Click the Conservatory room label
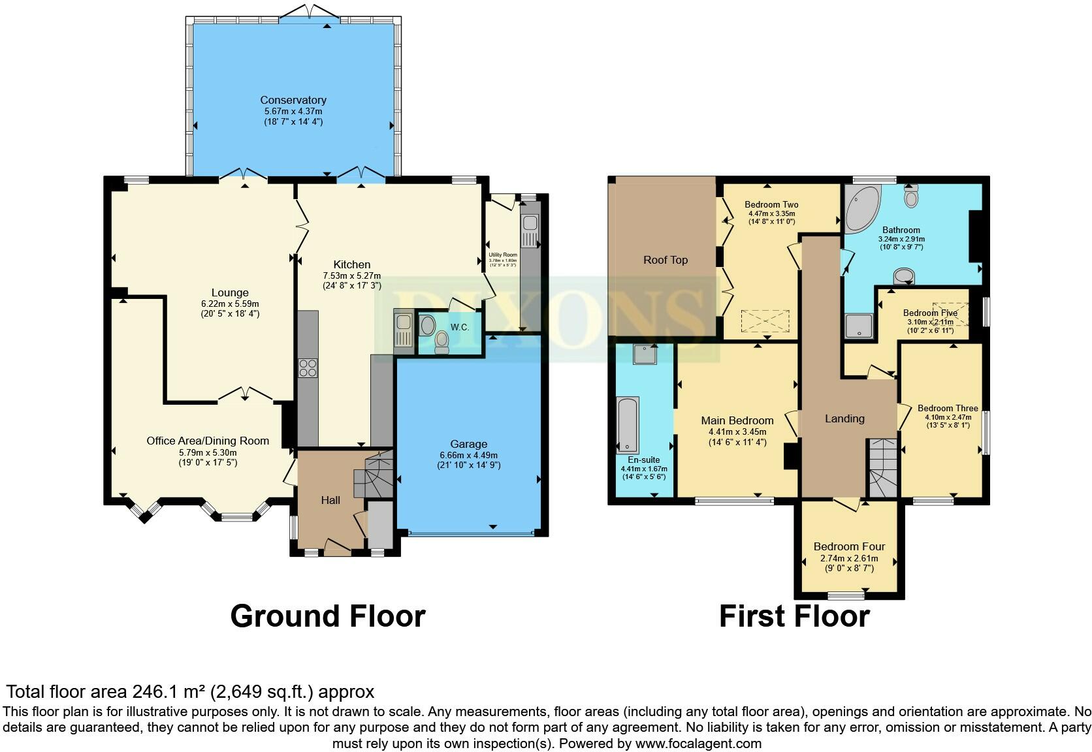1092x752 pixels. point(293,100)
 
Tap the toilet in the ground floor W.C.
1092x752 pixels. point(442,341)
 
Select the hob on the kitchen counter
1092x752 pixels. point(308,368)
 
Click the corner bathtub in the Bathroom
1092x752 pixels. point(861,208)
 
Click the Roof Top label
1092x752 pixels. point(665,260)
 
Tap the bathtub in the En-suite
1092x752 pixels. point(628,425)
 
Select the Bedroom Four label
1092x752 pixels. point(849,546)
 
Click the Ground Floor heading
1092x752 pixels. point(327,616)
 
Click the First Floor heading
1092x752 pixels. point(794,616)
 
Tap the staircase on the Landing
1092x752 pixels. point(882,467)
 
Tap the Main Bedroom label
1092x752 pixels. point(737,420)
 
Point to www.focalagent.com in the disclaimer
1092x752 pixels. point(698,743)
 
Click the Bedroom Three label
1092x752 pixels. point(947,408)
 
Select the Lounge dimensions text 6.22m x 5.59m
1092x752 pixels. point(230,304)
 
